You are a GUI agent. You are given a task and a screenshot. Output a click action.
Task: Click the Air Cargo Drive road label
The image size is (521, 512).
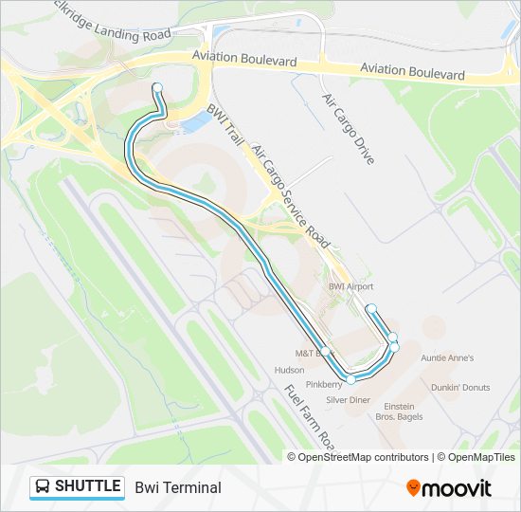pyautogui.click(x=348, y=129)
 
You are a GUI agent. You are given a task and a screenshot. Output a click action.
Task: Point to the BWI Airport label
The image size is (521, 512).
pyautogui.click(x=350, y=286)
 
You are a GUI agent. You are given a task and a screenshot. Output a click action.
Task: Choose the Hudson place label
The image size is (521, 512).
pyautogui.click(x=289, y=370)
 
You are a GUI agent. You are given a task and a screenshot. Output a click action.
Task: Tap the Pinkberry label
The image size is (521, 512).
pyautogui.click(x=325, y=385)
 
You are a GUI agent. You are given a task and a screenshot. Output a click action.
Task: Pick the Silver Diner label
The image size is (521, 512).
pyautogui.click(x=348, y=400)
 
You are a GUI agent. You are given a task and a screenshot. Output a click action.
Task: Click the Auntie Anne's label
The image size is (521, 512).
pyautogui.click(x=447, y=358)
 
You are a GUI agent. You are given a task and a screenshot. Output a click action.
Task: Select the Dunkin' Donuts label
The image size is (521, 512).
pyautogui.click(x=460, y=387)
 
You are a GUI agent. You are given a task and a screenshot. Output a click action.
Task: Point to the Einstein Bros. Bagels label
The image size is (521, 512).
pyautogui.click(x=399, y=411)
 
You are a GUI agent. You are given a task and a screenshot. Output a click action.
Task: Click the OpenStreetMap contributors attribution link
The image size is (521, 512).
pyautogui.click(x=363, y=457)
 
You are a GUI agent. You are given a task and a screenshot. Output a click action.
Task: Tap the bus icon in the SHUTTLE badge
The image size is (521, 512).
pyautogui.click(x=43, y=487)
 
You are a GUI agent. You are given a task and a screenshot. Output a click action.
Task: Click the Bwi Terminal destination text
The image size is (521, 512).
pyautogui.click(x=178, y=487)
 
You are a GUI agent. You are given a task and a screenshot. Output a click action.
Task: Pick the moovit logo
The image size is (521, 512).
pyautogui.click(x=449, y=487)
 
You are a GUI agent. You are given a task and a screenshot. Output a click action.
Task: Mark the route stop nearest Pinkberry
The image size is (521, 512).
pyautogui.click(x=351, y=380)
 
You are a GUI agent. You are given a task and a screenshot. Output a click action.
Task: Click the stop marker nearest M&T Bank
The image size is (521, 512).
pyautogui.click(x=326, y=351)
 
